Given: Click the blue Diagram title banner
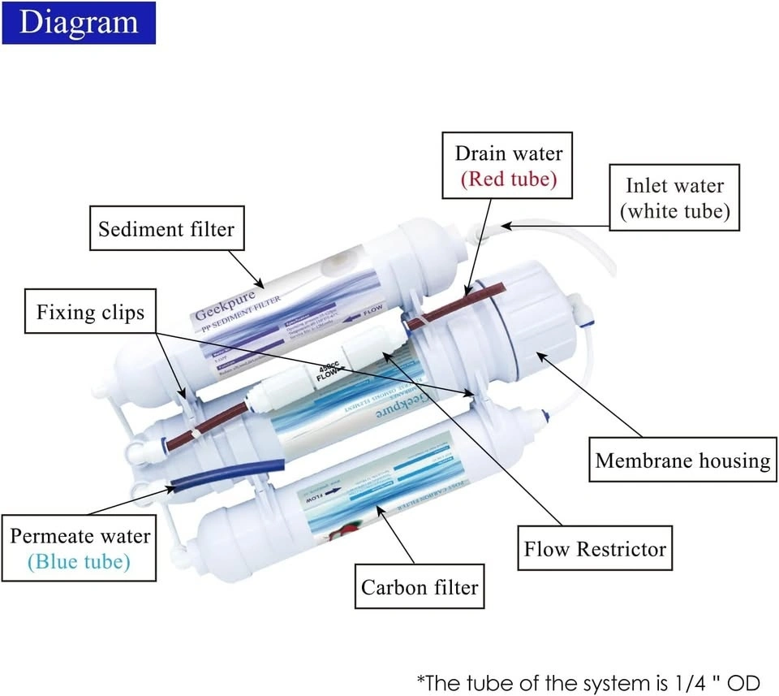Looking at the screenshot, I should pos(78,22).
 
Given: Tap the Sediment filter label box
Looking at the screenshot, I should pos(166,229).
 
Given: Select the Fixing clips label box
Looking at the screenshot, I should pos(90,313).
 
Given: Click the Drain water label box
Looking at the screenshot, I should pos(508,166).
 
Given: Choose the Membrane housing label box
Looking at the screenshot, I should pos(682,460).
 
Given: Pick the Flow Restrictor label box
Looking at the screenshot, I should pos(595,548).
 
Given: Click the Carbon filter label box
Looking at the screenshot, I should pos(420,586).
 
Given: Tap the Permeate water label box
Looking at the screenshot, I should pos(80,548).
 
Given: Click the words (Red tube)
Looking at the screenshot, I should pos(509,179).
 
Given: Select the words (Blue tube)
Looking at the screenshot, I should pos(80,561).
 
